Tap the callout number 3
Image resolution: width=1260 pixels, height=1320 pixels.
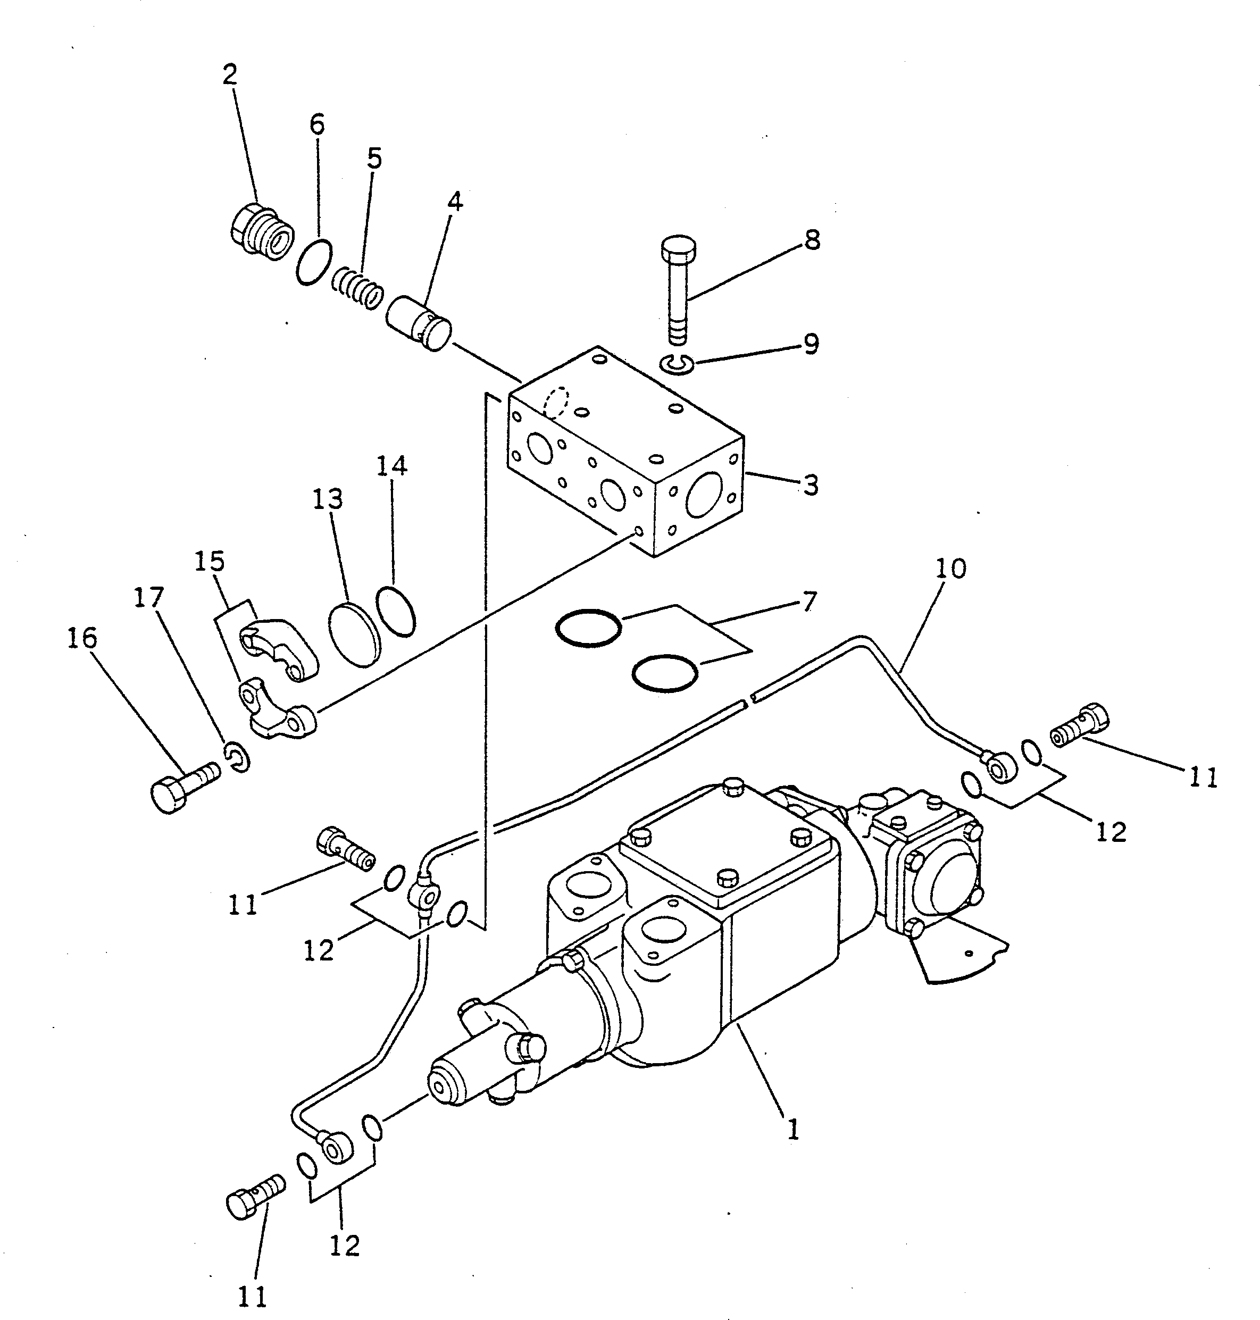(x=811, y=484)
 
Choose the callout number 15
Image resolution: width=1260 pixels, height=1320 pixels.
(x=209, y=561)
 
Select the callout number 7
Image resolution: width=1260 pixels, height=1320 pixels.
(x=810, y=601)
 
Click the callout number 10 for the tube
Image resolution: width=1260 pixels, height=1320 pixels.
(x=950, y=568)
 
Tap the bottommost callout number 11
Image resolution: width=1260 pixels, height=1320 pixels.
(x=253, y=1297)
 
